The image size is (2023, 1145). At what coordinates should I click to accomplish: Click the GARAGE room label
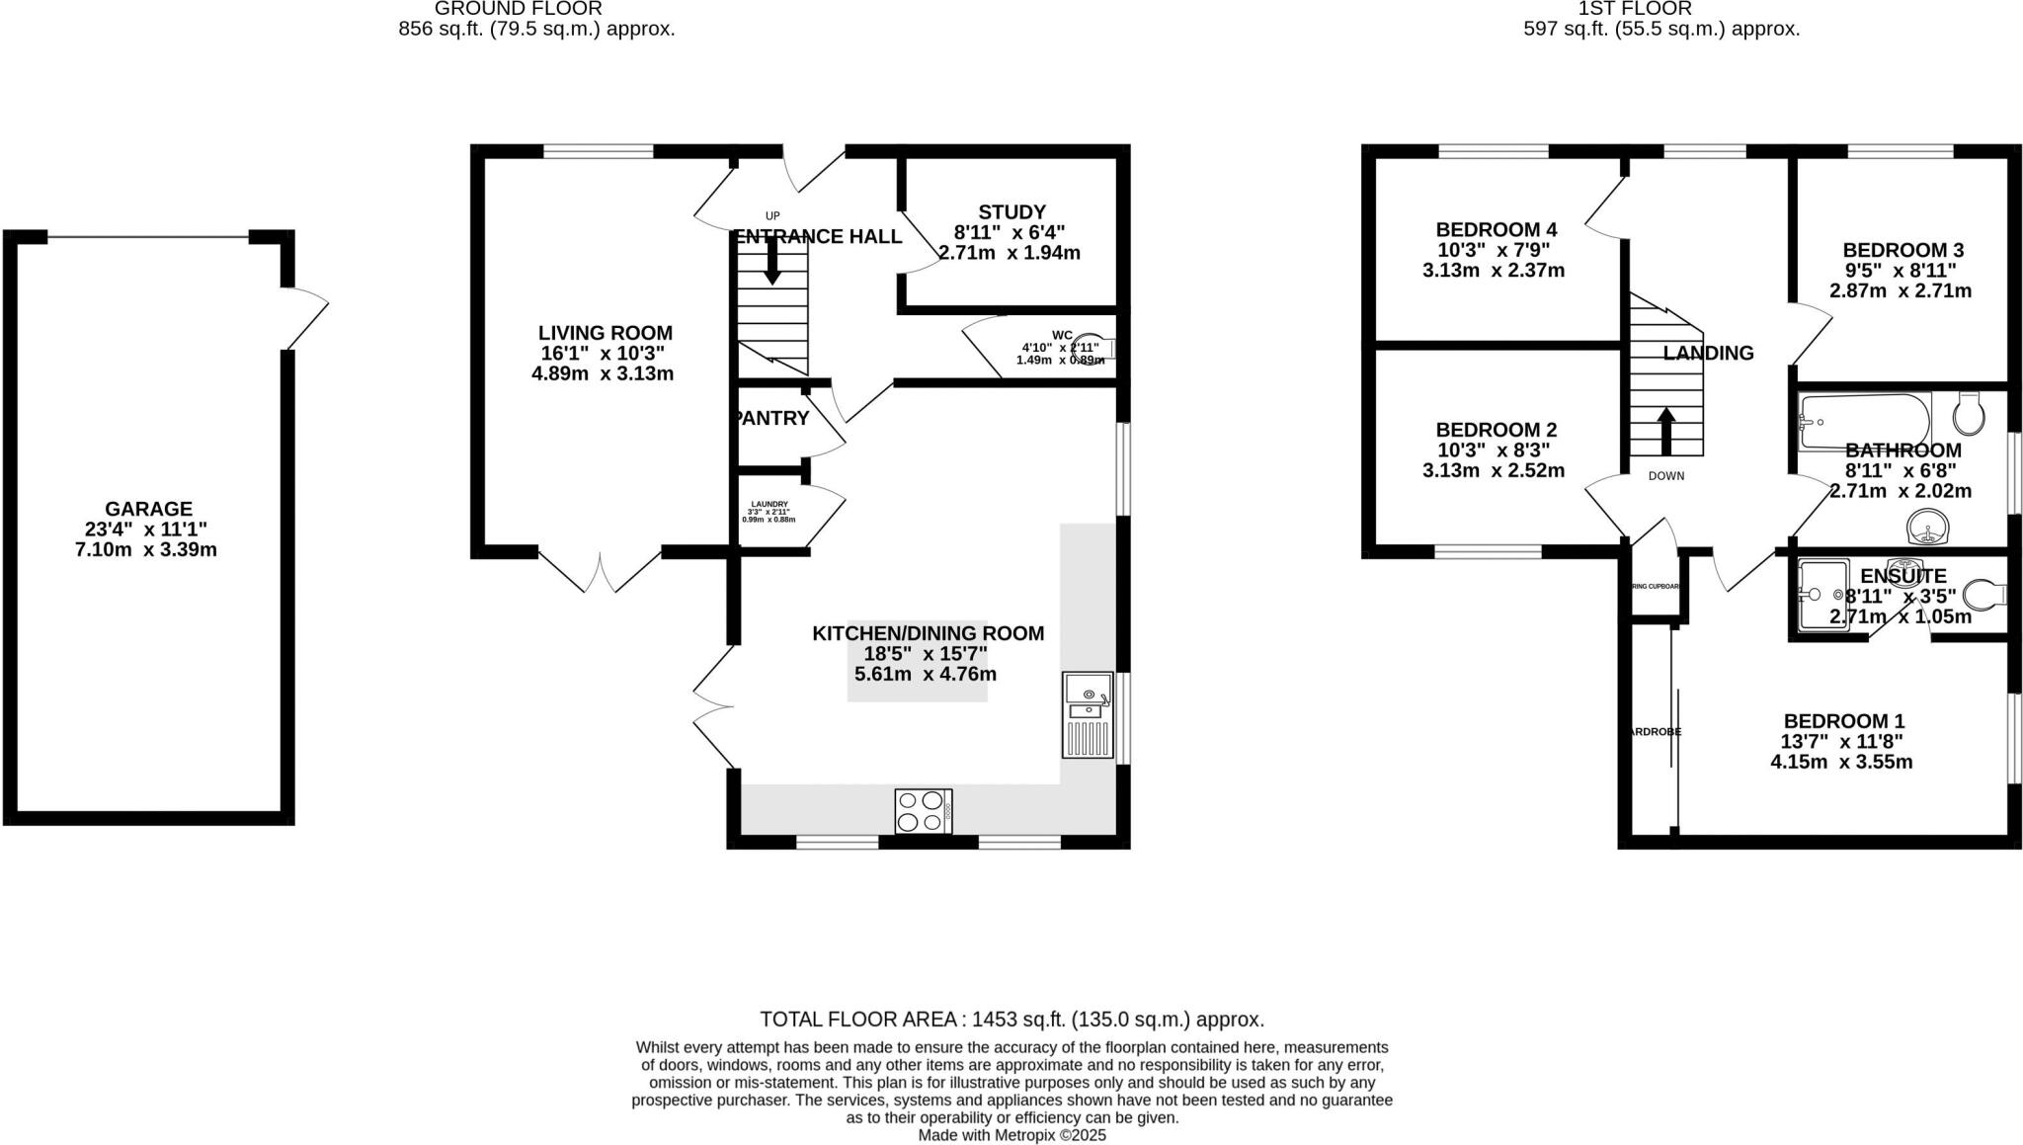pos(148,509)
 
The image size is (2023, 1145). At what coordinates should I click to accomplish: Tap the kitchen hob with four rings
pos(923,811)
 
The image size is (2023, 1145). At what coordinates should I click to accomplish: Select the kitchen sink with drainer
pos(1087,714)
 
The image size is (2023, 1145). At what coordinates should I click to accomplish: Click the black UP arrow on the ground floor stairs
pos(772,262)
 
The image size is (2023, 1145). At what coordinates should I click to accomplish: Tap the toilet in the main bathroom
pos(1970,414)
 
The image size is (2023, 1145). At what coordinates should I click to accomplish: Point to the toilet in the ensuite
pos(1983,595)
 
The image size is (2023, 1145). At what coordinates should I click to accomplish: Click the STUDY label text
pos(1011,211)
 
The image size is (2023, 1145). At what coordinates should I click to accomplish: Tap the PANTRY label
pos(772,418)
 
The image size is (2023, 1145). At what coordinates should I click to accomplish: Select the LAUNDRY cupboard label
pos(769,504)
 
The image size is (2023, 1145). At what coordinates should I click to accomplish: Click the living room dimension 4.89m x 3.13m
pos(603,373)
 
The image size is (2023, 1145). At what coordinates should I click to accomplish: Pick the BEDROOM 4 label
pos(1496,230)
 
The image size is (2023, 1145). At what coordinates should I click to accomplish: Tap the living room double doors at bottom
pos(599,570)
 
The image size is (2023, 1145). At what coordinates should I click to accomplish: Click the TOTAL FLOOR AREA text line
pos(1011,1019)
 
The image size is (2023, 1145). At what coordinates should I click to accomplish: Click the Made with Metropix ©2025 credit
pos(1011,1135)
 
